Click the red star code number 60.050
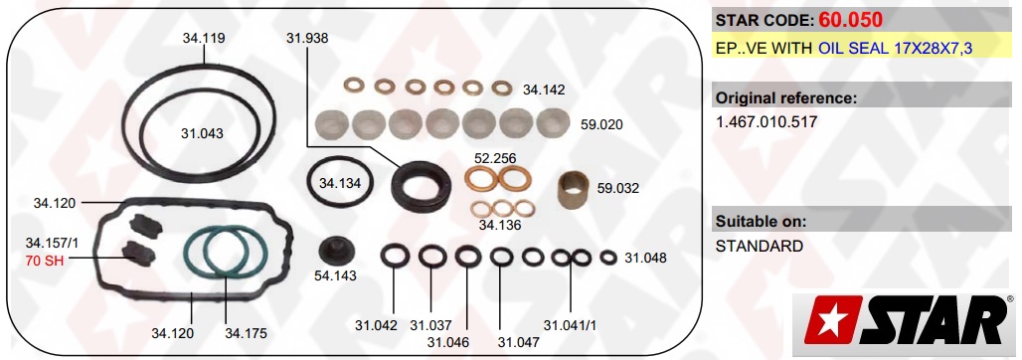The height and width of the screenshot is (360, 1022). (851, 20)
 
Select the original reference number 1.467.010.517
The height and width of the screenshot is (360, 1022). (766, 122)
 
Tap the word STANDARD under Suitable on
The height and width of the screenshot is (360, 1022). (760, 247)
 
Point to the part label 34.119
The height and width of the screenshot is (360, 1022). (204, 38)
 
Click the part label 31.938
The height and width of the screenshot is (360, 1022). (307, 38)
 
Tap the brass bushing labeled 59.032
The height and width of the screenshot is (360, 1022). (575, 190)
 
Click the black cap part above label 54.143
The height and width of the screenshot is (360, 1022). (336, 251)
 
